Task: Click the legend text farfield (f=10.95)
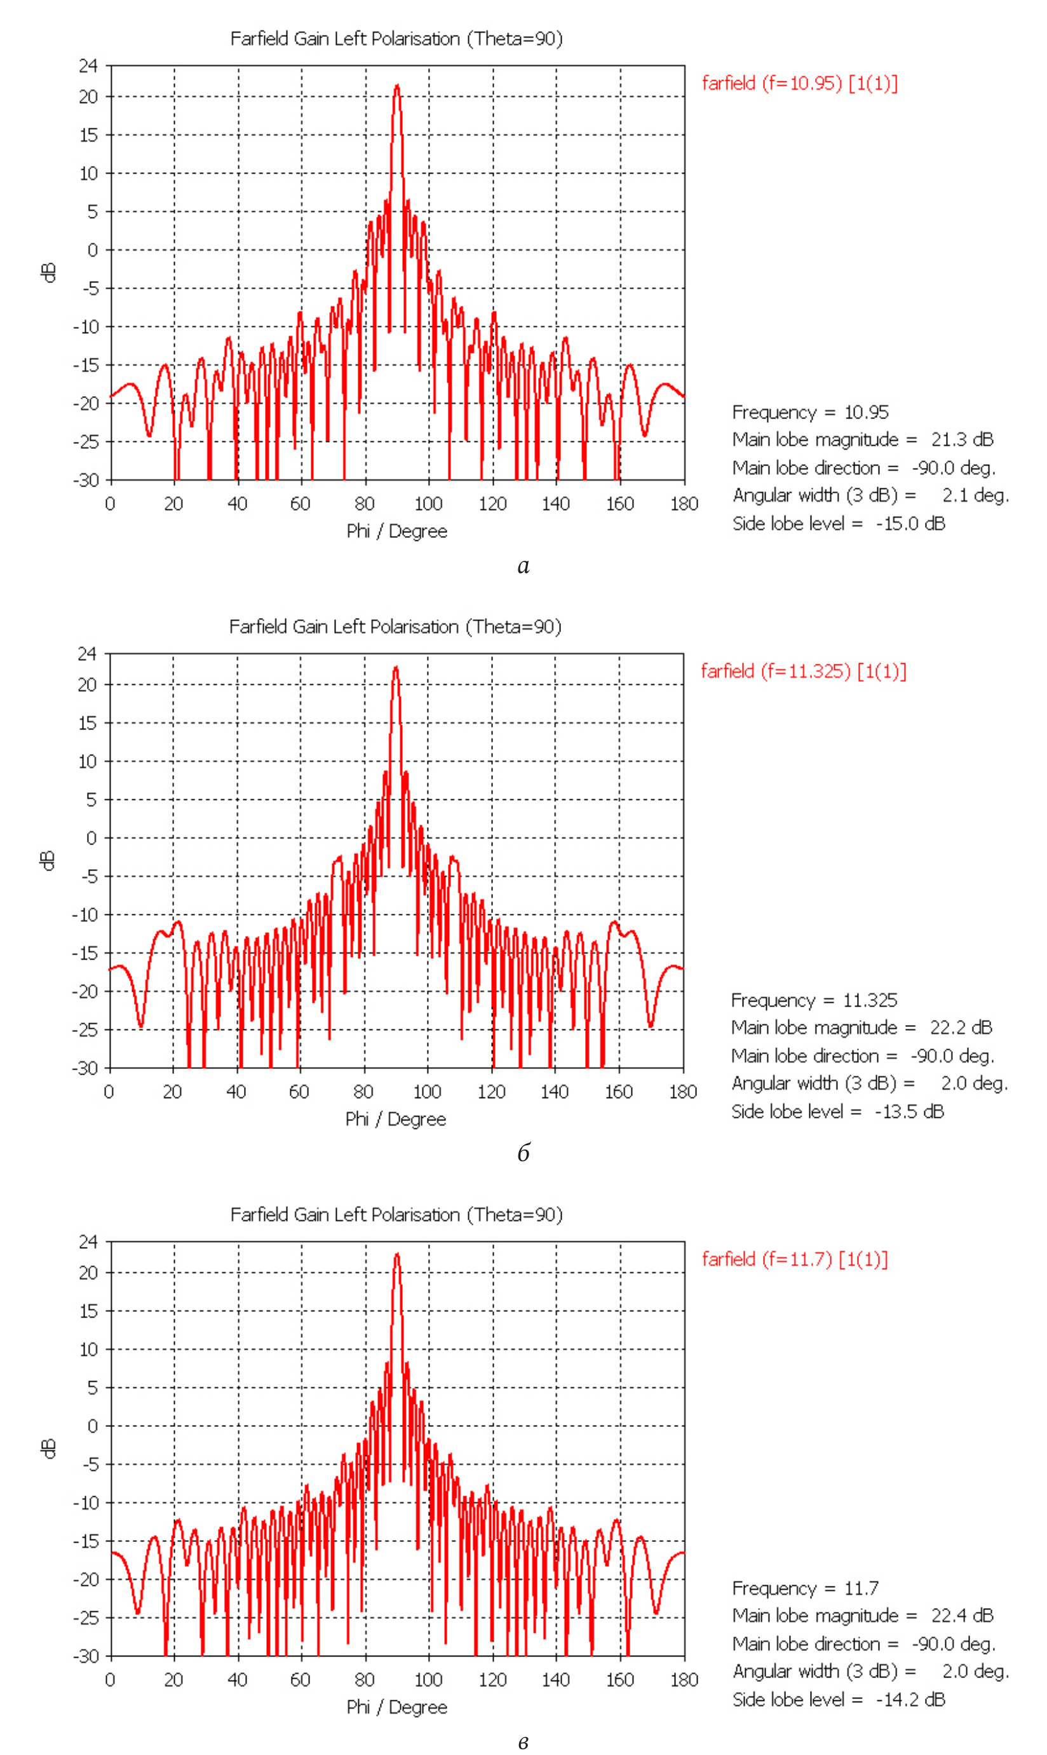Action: [799, 83]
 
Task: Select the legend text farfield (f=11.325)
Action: [803, 671]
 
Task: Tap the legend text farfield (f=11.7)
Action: [794, 1260]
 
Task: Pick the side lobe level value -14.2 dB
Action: [910, 1700]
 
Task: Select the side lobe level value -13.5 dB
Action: [909, 1112]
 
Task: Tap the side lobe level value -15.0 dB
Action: [910, 524]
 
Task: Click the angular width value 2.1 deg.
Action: [975, 495]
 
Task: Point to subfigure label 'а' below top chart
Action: [523, 566]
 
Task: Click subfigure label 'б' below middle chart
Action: [523, 1153]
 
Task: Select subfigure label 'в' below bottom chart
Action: [523, 1742]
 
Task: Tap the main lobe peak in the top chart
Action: [397, 86]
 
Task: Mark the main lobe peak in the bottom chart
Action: [397, 1255]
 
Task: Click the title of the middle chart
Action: [395, 627]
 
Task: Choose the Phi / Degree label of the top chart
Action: [396, 532]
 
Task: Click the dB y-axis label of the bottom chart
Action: [48, 1449]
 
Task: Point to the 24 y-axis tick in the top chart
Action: [88, 65]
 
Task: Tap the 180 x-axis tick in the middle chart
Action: [682, 1092]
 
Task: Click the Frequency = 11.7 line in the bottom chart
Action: [805, 1588]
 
